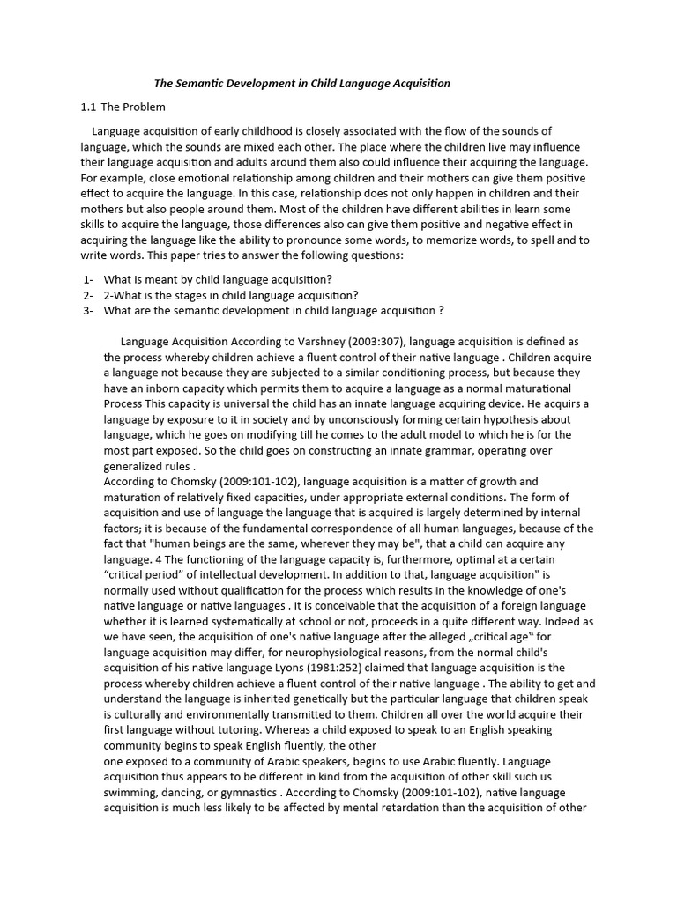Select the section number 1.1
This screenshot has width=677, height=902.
pos(88,107)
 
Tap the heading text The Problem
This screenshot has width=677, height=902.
pos(133,107)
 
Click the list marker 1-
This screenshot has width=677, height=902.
pos(87,279)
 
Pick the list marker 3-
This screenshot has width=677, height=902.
pos(87,310)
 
